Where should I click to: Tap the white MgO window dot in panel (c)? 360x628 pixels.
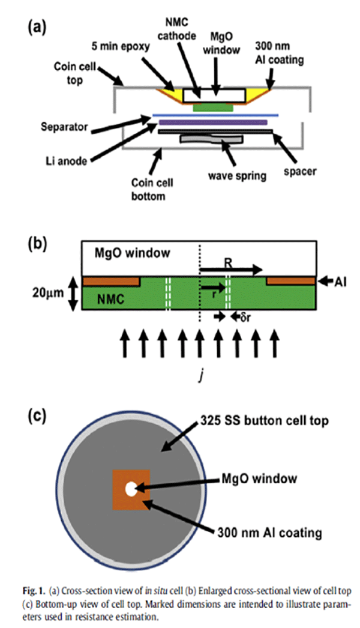(130, 489)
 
